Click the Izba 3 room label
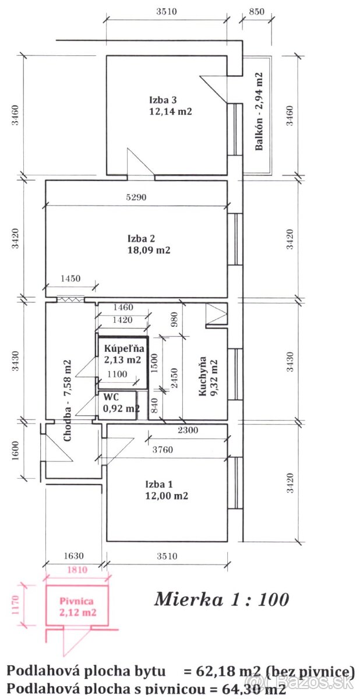click(x=163, y=100)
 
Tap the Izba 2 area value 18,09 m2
click(x=149, y=250)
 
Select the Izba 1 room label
click(x=159, y=484)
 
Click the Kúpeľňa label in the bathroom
click(x=124, y=348)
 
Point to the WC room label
click(x=111, y=397)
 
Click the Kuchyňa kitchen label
click(x=203, y=376)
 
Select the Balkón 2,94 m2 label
click(x=259, y=111)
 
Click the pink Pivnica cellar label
click(x=76, y=601)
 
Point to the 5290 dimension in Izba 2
click(x=136, y=197)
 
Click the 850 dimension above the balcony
click(x=256, y=12)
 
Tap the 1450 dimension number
click(x=70, y=278)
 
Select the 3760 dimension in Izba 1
click(x=163, y=449)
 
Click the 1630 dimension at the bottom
click(x=73, y=556)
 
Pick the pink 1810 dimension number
click(x=77, y=570)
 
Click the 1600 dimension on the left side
click(x=15, y=450)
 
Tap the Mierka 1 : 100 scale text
click(x=221, y=599)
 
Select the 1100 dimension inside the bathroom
click(x=117, y=374)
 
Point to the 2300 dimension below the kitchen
click(x=188, y=430)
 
